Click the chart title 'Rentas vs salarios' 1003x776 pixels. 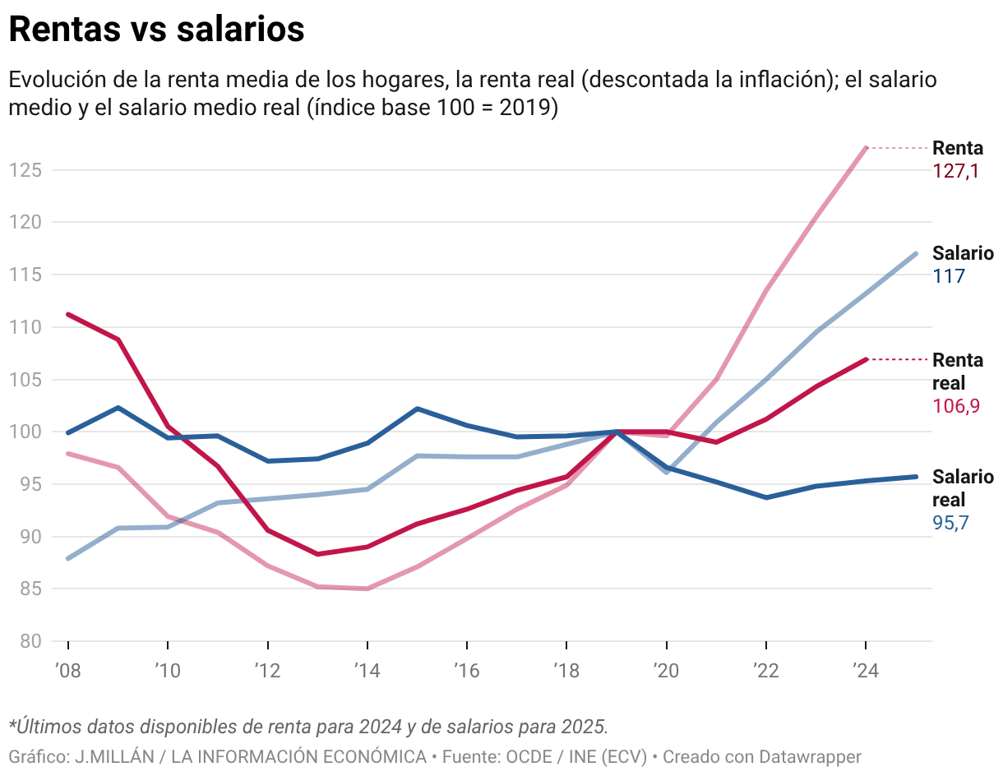[156, 30]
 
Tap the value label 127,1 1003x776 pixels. [955, 171]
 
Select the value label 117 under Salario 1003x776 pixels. [949, 276]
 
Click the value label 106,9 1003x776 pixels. [956, 406]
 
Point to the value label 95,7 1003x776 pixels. [951, 523]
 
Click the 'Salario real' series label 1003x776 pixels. [962, 488]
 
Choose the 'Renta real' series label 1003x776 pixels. [957, 372]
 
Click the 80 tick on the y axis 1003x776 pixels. [30, 641]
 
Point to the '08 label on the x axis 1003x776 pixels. [67, 671]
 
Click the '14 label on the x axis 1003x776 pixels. [367, 671]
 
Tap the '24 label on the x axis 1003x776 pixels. [865, 671]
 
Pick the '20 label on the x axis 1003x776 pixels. [666, 671]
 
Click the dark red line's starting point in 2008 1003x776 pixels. [68, 314]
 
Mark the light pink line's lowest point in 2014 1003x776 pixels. [367, 589]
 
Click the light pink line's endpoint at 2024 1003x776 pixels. [866, 148]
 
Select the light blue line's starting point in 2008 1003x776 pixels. [68, 558]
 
